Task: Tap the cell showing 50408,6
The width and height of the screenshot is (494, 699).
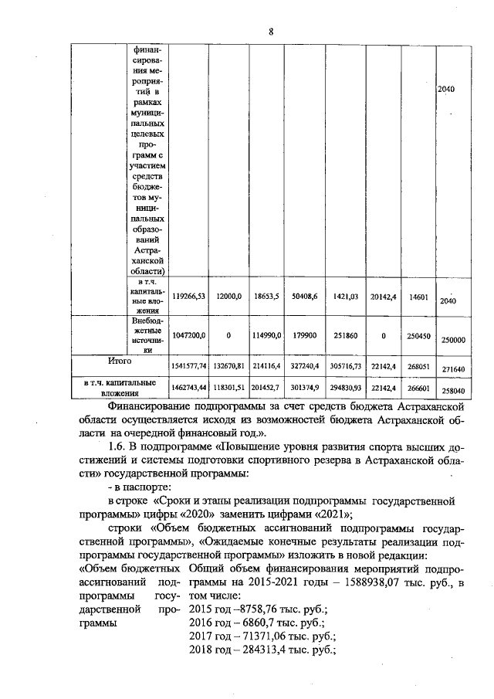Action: coord(304,295)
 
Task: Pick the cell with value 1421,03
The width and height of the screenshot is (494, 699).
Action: coord(344,295)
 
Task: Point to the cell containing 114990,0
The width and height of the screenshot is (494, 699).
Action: coord(266,336)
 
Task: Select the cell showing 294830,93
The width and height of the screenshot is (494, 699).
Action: coord(344,386)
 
